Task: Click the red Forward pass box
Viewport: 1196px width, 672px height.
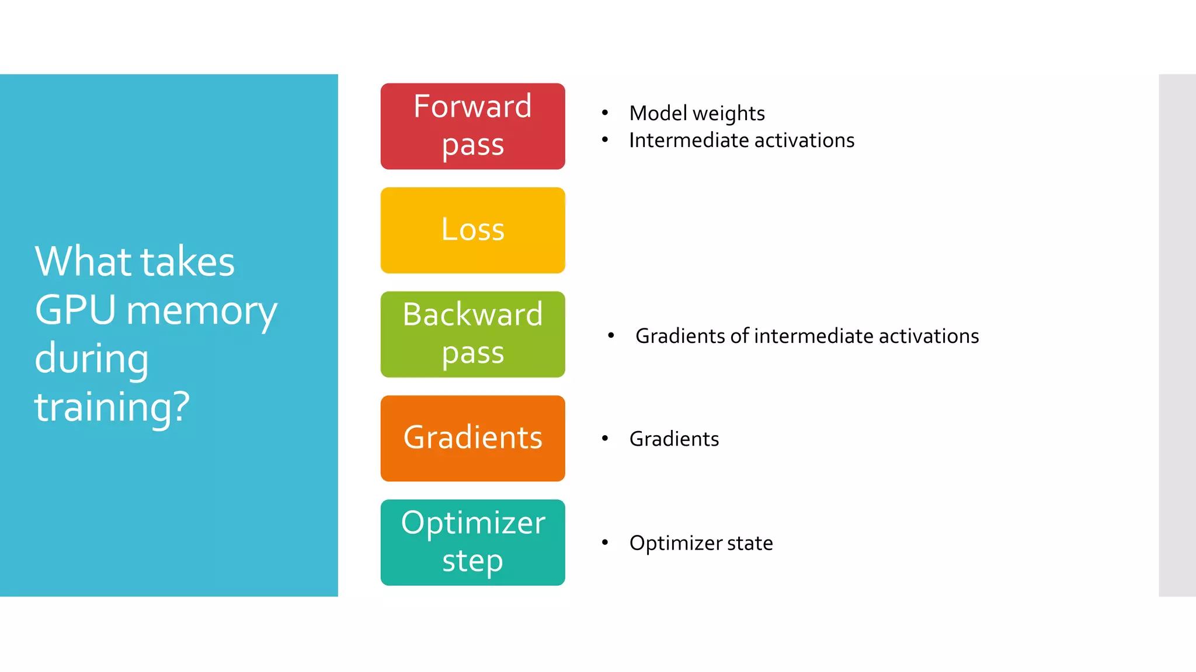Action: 472,126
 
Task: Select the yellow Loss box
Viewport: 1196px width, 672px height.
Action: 472,230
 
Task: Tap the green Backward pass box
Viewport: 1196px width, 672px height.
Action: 472,334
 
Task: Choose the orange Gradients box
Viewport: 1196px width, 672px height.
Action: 472,438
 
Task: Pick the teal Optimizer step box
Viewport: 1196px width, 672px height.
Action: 472,542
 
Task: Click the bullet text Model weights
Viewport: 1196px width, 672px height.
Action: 697,113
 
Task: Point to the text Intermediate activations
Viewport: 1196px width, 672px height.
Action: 742,141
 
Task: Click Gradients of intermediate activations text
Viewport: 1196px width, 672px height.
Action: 806,336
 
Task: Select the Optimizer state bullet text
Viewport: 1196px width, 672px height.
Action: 701,543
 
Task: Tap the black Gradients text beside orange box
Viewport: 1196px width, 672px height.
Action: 674,439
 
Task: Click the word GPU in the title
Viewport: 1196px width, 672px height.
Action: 75,310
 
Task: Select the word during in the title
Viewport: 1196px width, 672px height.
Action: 92,358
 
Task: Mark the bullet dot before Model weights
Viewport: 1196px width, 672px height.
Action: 605,113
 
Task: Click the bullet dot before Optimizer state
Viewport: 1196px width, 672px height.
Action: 605,542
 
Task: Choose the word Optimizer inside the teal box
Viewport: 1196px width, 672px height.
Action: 472,522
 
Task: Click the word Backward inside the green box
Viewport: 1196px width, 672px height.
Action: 472,314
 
